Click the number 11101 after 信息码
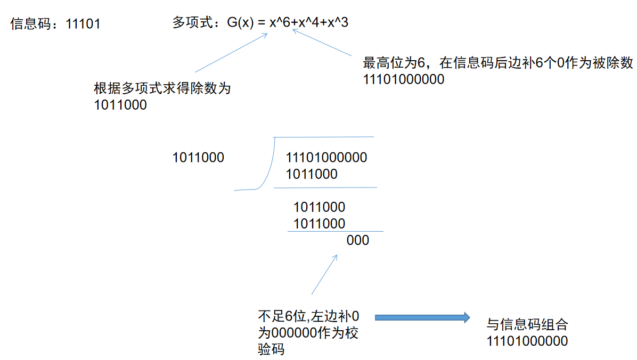coord(83,24)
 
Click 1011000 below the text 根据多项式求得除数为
coord(120,105)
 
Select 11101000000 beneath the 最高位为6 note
coord(403,80)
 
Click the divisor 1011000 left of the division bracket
coord(198,158)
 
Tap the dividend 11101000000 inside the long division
coord(326,158)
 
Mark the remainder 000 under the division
coord(357,240)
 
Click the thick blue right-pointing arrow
coord(422,318)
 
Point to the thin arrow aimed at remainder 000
coord(324,274)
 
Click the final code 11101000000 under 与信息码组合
coord(527,341)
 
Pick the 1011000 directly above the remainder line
coord(319,223)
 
